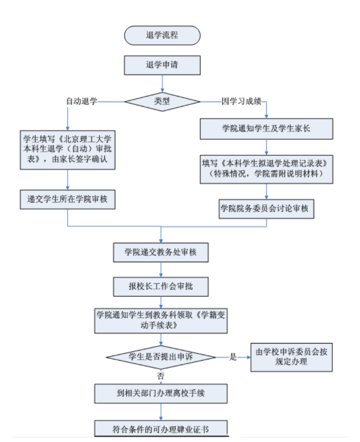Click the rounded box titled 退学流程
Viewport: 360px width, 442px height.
pos(162,36)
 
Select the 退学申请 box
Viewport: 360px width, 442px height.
pos(162,65)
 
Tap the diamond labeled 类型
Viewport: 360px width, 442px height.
pos(162,101)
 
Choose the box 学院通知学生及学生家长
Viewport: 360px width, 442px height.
pos(267,129)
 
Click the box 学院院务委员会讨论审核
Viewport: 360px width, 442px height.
pos(267,208)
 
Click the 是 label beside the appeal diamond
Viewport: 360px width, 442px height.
pos(232,357)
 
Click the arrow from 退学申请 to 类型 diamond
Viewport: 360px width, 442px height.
pos(162,83)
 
